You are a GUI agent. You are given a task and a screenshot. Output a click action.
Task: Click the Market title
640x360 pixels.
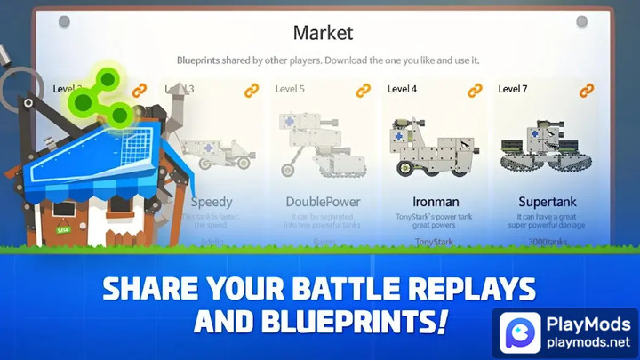click(323, 33)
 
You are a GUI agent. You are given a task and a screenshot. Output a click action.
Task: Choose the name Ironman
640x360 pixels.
click(436, 202)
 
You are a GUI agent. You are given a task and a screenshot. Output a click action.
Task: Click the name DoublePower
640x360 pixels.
click(324, 202)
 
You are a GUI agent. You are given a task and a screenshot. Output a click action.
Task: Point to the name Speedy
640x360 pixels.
click(212, 202)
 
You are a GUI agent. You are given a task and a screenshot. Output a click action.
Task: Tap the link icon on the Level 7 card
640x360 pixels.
click(586, 90)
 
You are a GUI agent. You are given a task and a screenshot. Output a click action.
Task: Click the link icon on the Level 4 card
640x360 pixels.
click(475, 90)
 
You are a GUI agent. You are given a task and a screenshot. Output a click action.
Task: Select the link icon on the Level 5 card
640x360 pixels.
click(363, 90)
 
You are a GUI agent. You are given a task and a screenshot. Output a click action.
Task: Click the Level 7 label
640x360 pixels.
click(513, 89)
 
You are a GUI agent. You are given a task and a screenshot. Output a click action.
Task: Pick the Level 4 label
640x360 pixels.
click(402, 89)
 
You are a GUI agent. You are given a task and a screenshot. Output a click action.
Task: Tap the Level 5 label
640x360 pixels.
click(290, 89)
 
